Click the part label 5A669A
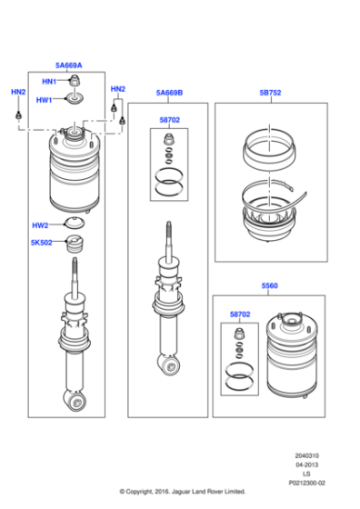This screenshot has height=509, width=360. coord(68,65)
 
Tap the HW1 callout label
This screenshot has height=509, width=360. coord(44,100)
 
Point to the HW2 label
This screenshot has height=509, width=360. coord(40,225)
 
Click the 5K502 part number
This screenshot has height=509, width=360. coord(42,243)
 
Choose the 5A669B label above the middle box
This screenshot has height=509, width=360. coord(168,93)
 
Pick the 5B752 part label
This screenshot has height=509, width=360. coord(271,93)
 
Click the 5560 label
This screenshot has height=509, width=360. coord(270,284)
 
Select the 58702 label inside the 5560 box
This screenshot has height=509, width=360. coord(240,314)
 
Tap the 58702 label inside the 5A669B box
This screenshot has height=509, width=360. coord(170,119)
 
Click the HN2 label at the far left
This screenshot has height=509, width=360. coord(18,92)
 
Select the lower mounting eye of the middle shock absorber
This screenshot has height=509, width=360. coord(170,365)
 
